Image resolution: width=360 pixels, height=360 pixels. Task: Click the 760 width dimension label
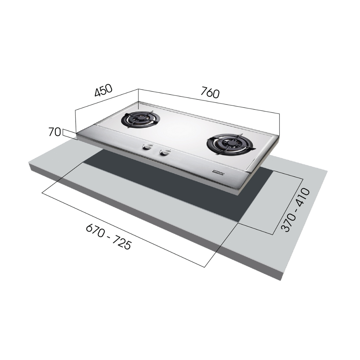click(x=210, y=93)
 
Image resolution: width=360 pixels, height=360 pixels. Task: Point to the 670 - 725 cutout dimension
click(x=109, y=237)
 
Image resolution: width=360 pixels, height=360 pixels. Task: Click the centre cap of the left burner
click(x=139, y=119)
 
